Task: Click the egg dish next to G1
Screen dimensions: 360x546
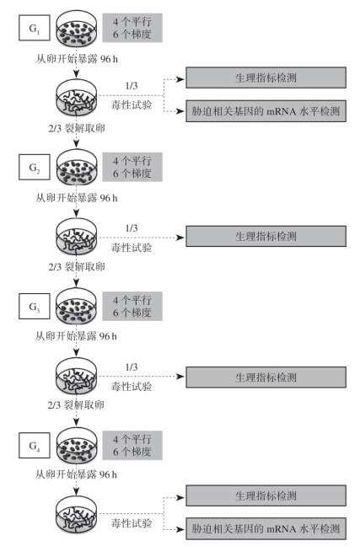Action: (x=77, y=29)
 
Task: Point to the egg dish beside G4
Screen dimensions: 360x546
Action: (x=77, y=446)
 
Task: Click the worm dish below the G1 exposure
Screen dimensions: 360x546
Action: (x=77, y=99)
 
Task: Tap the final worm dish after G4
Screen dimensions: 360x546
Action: (x=77, y=515)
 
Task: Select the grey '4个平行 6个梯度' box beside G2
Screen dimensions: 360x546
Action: (x=132, y=167)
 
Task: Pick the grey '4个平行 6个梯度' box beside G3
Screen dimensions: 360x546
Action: (x=132, y=306)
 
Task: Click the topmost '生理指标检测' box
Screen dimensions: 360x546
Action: (x=266, y=78)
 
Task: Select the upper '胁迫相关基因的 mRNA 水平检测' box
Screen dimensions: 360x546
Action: (x=266, y=111)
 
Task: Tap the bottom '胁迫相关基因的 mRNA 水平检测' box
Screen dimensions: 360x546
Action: (x=266, y=528)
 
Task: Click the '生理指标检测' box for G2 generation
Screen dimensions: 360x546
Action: (x=266, y=237)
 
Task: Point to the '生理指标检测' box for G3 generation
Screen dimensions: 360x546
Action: (x=266, y=377)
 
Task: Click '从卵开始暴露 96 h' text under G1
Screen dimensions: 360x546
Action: (x=77, y=59)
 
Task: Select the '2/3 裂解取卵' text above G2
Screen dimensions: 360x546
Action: (x=77, y=128)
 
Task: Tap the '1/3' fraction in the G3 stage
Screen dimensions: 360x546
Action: (x=132, y=367)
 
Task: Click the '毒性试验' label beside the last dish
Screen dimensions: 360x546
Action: (x=132, y=523)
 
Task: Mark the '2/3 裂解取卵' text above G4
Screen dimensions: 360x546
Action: (x=76, y=405)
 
